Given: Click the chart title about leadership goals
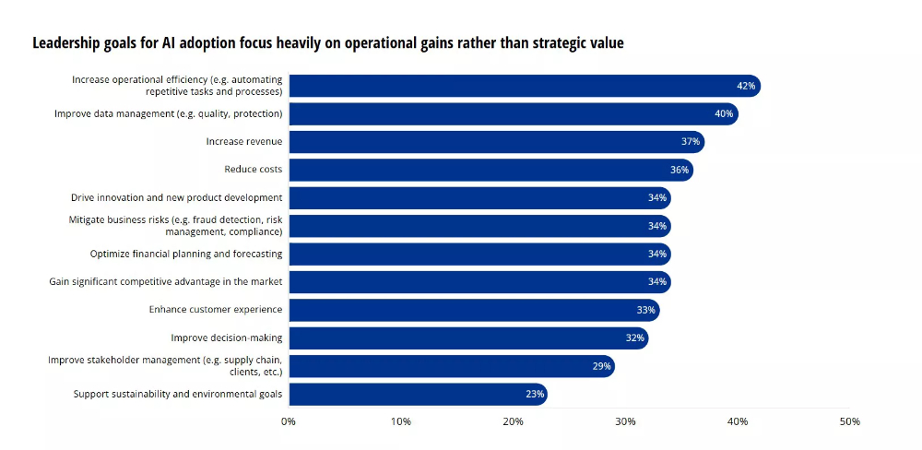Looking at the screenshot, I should [x=328, y=43].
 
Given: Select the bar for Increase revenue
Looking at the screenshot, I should [x=496, y=142].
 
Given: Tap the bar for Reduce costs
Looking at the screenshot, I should [x=491, y=170].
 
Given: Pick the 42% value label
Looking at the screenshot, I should [x=746, y=86].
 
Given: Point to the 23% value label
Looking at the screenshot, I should [x=536, y=395].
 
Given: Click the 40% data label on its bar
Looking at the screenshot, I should [x=724, y=114].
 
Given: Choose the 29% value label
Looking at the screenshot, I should [x=602, y=367].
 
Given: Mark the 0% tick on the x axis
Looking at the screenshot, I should [x=289, y=421].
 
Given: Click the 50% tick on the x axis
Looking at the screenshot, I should [x=849, y=421].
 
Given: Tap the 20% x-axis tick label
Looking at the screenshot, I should [x=514, y=421].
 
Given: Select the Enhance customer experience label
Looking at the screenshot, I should [x=216, y=310].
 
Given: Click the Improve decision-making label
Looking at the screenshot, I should [x=227, y=338].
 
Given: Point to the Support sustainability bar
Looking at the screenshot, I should [x=418, y=395].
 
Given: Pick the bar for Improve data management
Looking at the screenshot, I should [x=513, y=114].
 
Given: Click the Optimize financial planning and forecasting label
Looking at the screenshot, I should [x=186, y=254].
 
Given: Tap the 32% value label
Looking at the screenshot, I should [x=634, y=338].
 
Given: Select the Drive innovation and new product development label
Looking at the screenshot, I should [x=177, y=198].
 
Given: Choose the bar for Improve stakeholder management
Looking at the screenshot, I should [x=451, y=367].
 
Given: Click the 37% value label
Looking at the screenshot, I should [x=690, y=142].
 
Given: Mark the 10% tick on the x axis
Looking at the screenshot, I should [x=401, y=421].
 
